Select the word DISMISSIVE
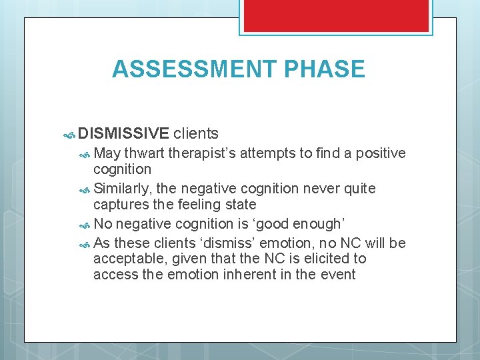click(123, 134)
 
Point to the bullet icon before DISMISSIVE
click(69, 135)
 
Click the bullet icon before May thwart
click(85, 154)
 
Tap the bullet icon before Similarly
click(85, 190)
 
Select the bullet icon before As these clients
click(85, 244)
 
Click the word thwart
click(144, 153)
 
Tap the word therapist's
click(202, 153)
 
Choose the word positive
click(381, 153)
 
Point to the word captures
click(119, 205)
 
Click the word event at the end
click(338, 274)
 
